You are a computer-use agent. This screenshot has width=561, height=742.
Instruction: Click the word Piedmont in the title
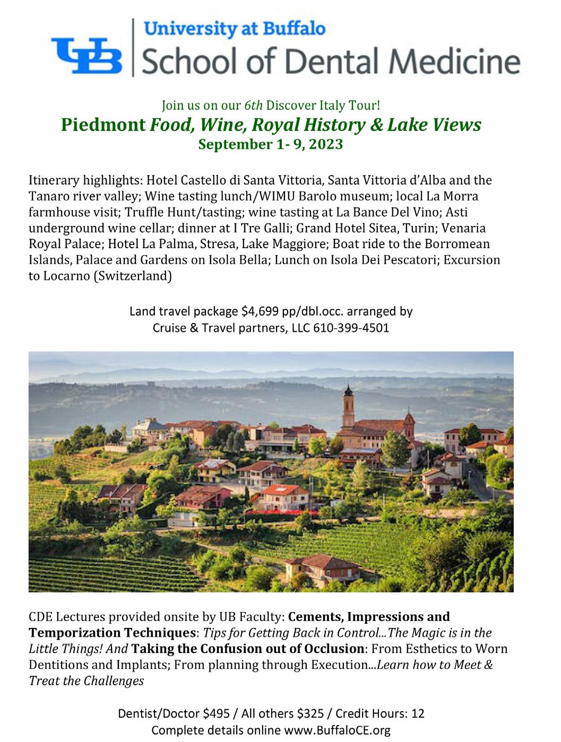click(103, 125)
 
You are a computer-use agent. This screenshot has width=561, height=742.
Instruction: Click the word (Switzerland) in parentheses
click(132, 276)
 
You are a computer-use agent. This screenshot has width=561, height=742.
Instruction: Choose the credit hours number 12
click(418, 713)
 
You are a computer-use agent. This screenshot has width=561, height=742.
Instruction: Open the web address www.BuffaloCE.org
click(338, 730)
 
